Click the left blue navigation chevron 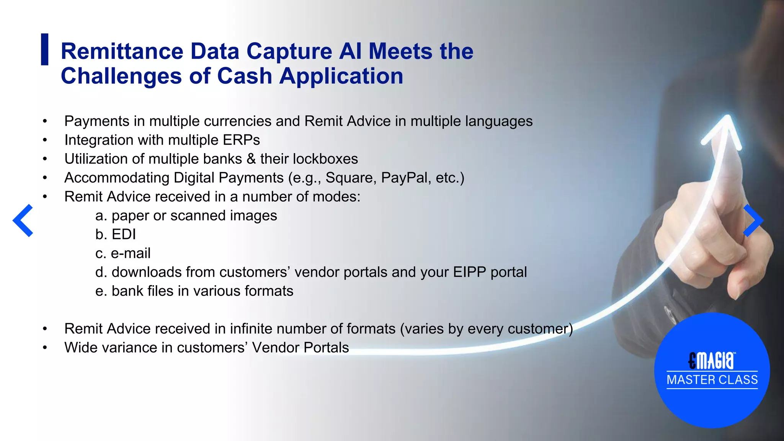coord(23,220)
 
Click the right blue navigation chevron coord(753,220)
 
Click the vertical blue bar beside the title coord(45,49)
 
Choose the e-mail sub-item coord(131,253)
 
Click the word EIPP coord(469,272)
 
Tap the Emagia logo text coord(712,360)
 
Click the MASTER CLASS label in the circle coord(712,380)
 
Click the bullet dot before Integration coord(45,140)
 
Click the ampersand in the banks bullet coord(251,159)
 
